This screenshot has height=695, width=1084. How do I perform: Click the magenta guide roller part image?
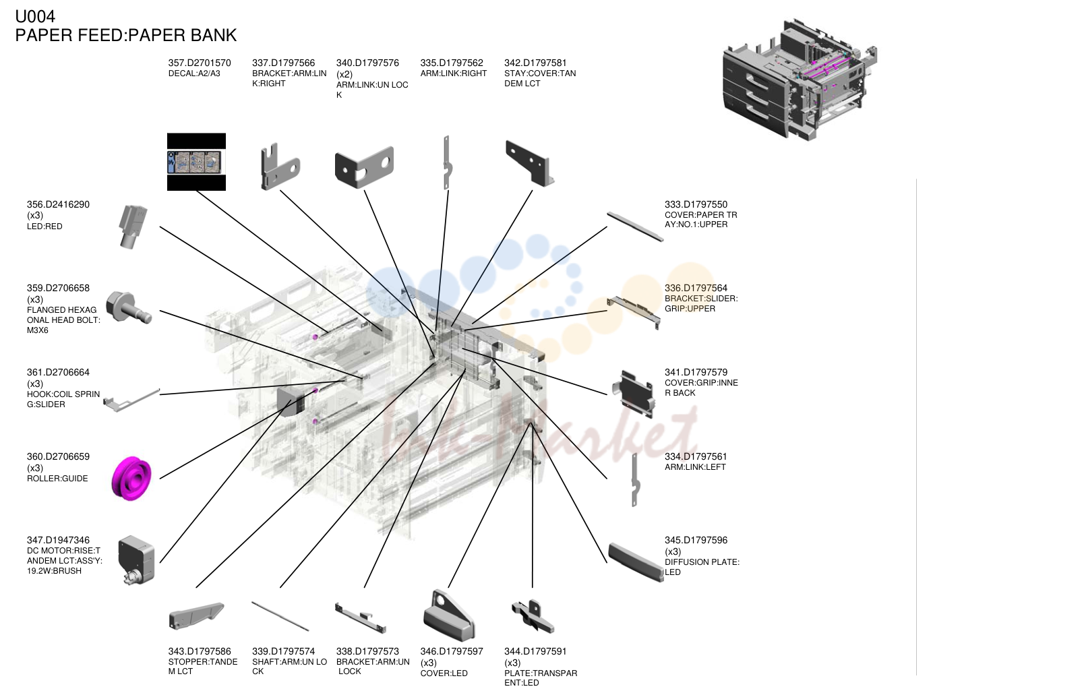[131, 478]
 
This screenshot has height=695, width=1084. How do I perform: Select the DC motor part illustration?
[136, 560]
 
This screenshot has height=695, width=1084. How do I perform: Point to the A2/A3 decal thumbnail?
[196, 162]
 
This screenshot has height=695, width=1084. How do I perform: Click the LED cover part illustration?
[448, 614]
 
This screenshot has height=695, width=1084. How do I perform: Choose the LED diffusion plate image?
[636, 562]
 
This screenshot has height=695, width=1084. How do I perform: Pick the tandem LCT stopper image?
[196, 615]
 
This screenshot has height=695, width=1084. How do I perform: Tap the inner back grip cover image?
[634, 394]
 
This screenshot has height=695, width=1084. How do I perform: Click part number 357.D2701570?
[200, 63]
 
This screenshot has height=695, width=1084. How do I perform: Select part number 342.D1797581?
[535, 63]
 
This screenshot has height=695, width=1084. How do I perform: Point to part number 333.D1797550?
[696, 205]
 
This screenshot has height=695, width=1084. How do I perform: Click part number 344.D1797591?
[535, 651]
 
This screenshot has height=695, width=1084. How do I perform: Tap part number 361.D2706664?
[58, 372]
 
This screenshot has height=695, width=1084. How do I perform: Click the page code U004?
[35, 16]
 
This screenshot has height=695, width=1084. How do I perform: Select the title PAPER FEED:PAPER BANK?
[126, 35]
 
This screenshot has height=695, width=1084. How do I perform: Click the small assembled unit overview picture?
[800, 80]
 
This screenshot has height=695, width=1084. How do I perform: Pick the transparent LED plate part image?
[533, 616]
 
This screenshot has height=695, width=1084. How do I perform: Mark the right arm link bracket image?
[280, 166]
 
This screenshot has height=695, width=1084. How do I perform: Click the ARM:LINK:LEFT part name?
[695, 467]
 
